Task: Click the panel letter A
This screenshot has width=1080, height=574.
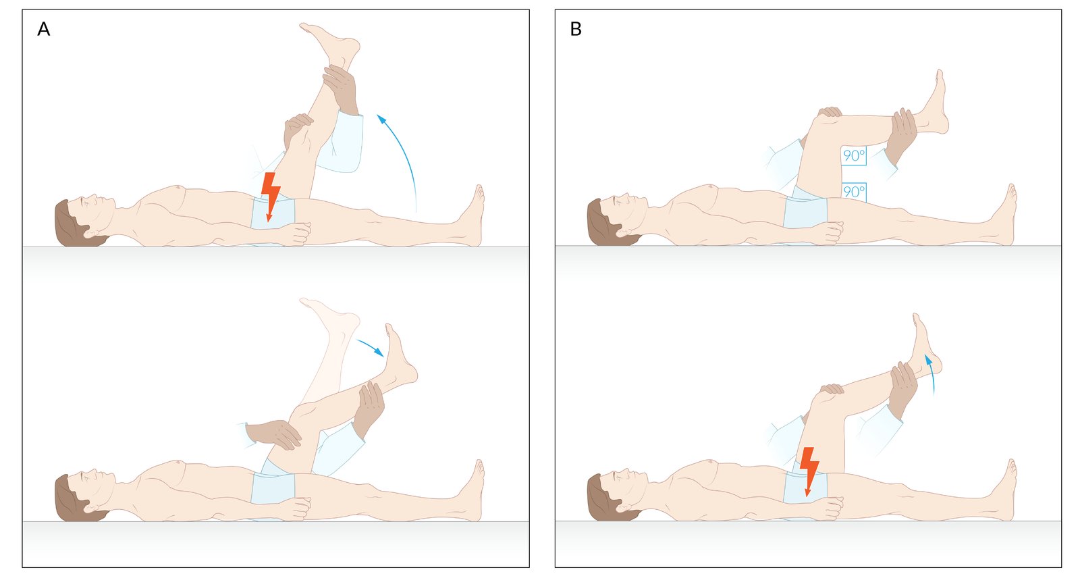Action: point(43,30)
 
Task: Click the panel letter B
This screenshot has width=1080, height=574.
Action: point(576,30)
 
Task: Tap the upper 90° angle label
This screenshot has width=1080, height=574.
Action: point(854,155)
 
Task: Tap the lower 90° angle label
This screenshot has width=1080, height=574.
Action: point(854,192)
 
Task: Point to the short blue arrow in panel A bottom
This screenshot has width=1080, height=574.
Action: point(371,347)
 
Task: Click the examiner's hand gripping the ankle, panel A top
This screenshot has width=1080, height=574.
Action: point(340,89)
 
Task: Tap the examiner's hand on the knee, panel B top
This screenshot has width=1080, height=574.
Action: point(830,113)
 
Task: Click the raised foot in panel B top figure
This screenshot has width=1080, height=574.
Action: point(933,104)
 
